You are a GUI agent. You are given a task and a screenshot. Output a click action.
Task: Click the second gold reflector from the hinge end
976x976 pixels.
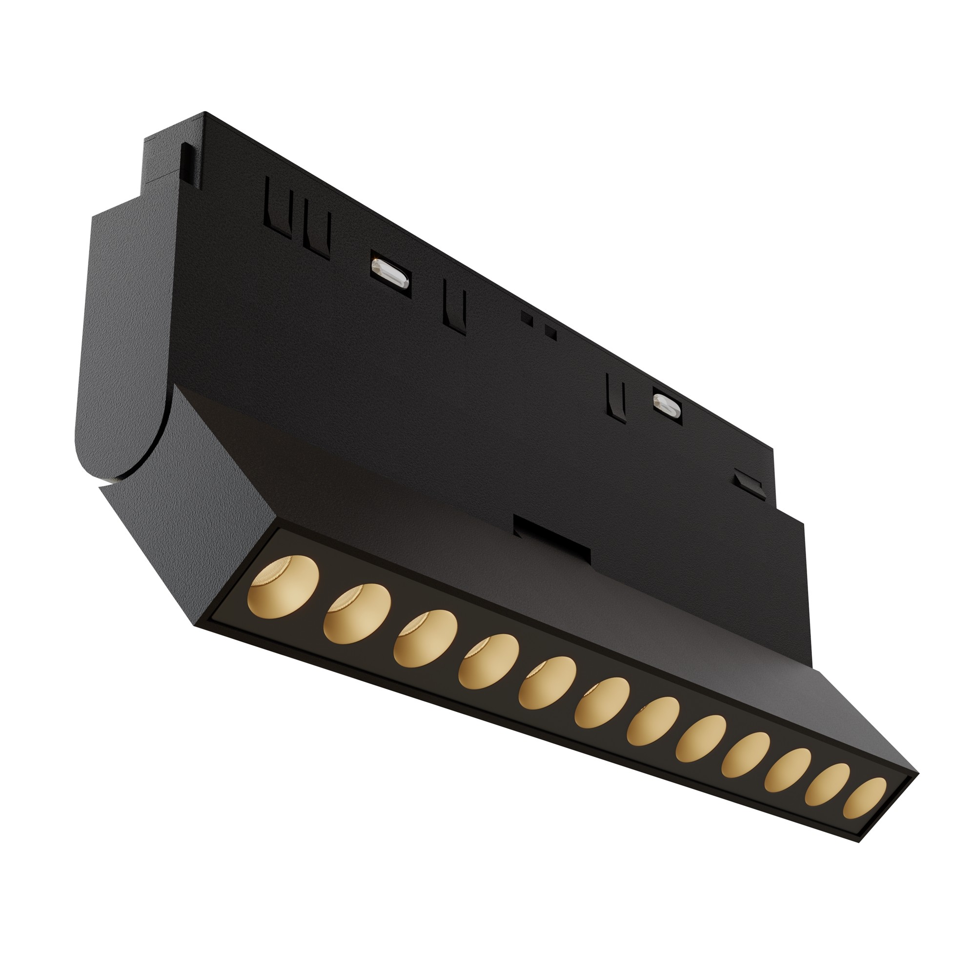pos(358,613)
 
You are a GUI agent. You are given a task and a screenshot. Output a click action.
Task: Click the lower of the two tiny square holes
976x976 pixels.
pos(550,332)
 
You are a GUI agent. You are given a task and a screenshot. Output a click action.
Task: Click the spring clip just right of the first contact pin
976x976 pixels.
pos(454,305)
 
